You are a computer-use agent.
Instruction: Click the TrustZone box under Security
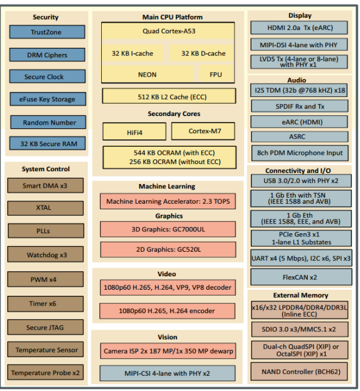tap(47, 32)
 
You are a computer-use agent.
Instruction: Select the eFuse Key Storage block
tap(48, 99)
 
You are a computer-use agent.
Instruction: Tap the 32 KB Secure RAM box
tap(47, 144)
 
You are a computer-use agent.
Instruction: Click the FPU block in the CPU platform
tap(216, 74)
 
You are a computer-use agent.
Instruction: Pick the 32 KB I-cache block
tap(132, 53)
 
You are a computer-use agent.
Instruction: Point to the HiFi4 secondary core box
tap(134, 131)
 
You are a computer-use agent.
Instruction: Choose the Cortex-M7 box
tap(203, 131)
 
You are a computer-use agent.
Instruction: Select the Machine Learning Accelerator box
tap(167, 201)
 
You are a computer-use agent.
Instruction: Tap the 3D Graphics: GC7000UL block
tap(167, 229)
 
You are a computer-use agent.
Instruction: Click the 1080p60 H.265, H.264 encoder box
tap(167, 311)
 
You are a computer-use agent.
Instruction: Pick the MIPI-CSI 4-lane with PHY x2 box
tap(167, 373)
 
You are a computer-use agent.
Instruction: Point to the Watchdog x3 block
tap(45, 254)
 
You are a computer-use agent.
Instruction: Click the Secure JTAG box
tap(45, 327)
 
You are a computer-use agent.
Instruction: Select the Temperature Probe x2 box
tap(45, 373)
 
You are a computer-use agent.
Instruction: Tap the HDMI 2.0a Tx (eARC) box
tap(299, 28)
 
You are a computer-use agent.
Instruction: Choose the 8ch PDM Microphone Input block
tap(300, 153)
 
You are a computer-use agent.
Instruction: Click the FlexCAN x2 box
tap(301, 277)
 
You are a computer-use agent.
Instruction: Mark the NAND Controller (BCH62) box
tap(299, 371)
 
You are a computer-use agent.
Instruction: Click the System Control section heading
tap(45, 169)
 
